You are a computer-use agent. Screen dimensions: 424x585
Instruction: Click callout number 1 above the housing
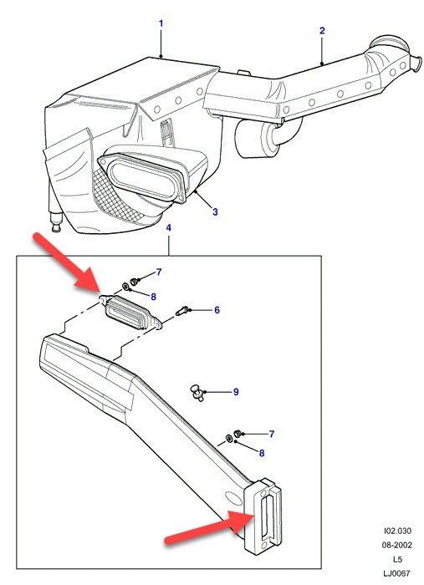(161, 23)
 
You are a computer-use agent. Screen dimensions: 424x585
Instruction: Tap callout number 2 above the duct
(322, 31)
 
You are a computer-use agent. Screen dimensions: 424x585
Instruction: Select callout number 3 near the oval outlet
(215, 212)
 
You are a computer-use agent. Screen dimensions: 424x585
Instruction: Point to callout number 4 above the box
(169, 227)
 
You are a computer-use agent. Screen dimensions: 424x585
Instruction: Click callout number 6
(217, 310)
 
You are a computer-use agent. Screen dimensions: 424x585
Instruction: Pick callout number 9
(236, 392)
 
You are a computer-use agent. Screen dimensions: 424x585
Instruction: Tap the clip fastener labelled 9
(197, 393)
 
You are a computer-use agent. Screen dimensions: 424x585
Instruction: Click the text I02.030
(397, 531)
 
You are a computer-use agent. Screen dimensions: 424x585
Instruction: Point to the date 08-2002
(396, 545)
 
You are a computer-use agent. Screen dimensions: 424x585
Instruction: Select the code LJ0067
(396, 573)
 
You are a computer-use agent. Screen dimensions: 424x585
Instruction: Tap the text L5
(397, 559)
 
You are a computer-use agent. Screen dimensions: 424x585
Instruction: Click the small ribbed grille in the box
(130, 312)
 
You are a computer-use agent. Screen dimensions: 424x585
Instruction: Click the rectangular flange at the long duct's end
(263, 515)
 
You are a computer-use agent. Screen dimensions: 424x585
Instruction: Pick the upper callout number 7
(159, 272)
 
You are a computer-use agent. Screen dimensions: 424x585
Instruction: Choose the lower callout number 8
(262, 453)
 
